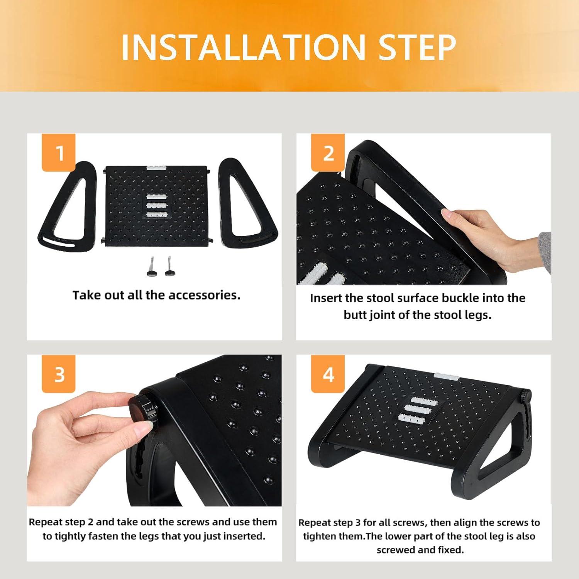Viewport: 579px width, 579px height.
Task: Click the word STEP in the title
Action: (417, 47)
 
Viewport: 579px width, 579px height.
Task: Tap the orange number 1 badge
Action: (59, 153)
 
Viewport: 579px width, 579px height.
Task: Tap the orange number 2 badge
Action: (328, 153)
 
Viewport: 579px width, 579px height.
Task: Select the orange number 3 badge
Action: (59, 374)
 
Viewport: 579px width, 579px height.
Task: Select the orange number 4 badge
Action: (328, 374)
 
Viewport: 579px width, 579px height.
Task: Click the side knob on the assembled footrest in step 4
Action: (525, 396)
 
